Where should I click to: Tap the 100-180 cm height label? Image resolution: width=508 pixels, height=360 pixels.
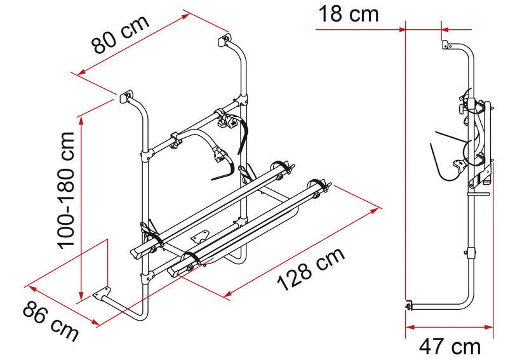point(66,190)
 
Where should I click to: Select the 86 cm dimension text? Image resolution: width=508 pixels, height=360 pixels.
point(51,321)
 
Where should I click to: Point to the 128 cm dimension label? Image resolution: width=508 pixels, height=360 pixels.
point(311,269)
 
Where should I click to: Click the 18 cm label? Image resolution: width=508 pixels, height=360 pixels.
point(349,14)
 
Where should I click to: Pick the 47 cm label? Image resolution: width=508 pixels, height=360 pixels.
point(450,347)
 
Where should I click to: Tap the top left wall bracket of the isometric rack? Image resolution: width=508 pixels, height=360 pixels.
point(126,97)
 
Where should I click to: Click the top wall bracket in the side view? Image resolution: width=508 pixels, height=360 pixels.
point(446,44)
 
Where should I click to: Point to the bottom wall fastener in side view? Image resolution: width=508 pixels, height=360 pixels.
point(409,305)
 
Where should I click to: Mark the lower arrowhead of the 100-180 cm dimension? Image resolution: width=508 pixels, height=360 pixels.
point(81,295)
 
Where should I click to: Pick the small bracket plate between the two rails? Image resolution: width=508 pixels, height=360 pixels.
point(199,236)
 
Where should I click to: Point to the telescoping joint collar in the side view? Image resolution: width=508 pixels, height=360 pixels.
point(471,253)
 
